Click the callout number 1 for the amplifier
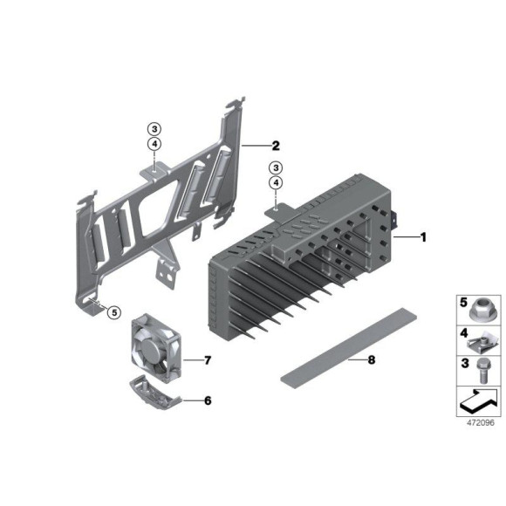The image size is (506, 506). [423, 237]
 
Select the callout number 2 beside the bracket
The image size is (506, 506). [276, 146]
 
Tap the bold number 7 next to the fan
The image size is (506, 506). [207, 359]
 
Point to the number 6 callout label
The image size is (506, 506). [208, 400]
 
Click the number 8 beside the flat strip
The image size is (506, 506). [372, 359]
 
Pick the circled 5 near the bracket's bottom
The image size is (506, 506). [114, 312]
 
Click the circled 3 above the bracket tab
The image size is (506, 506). [154, 129]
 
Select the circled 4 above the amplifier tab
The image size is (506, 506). [276, 182]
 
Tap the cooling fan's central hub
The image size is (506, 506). [150, 349]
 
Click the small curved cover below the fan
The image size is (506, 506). [155, 393]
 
